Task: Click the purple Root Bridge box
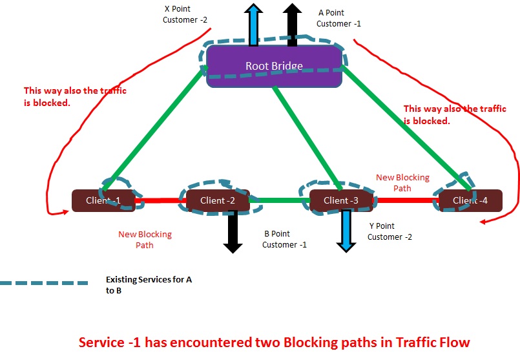coord(274,66)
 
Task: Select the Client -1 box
coord(103,200)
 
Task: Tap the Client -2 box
coord(218,200)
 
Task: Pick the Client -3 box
coord(340,200)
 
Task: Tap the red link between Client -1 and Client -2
coord(160,200)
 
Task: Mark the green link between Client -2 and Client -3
coord(280,200)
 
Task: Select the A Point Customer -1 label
coord(339,18)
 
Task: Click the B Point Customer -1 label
coord(285,239)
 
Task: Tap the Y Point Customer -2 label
coord(390,231)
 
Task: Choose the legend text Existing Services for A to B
coord(149,285)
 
